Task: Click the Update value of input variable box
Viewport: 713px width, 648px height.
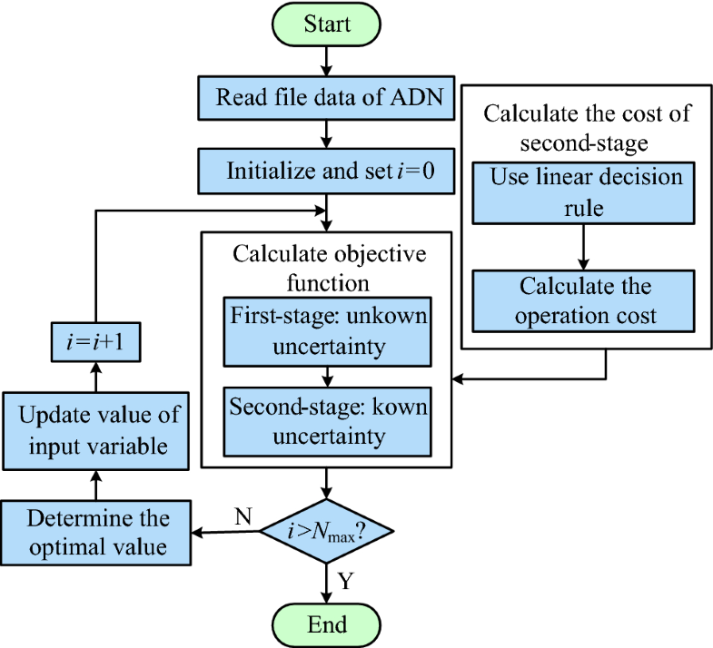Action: [x=94, y=430]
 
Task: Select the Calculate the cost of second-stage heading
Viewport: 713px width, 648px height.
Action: [x=586, y=128]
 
